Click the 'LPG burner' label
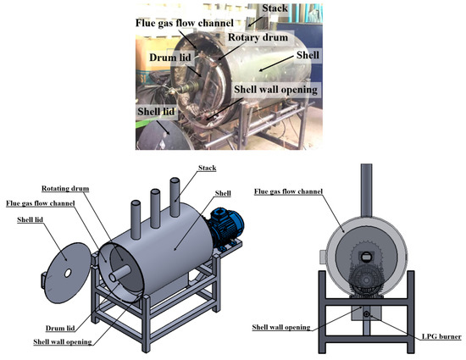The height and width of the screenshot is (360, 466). point(438,336)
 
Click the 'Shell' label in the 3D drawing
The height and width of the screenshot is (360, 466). point(225,193)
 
